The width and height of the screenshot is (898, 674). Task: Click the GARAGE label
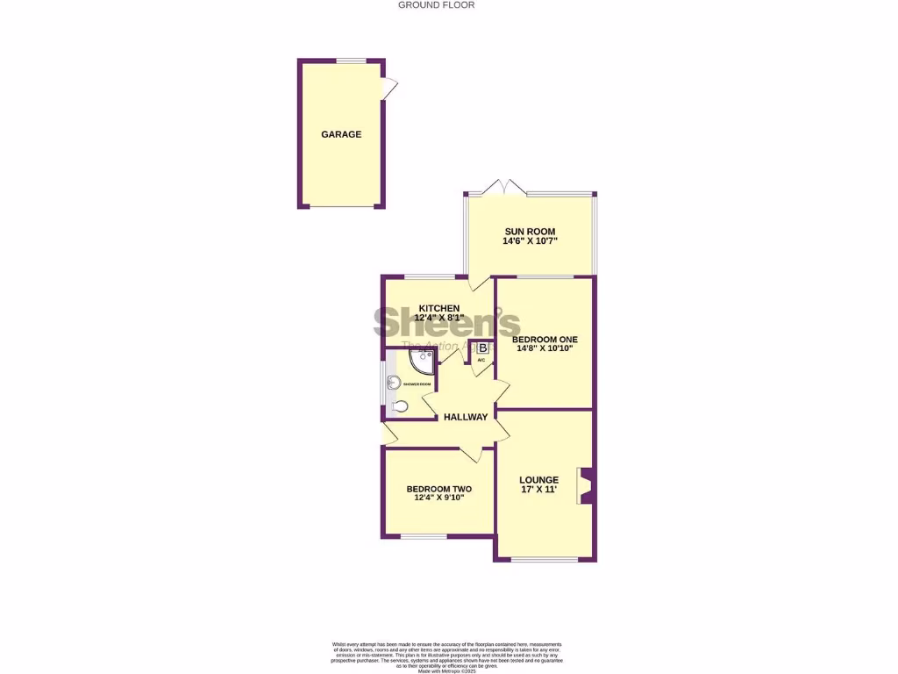tap(341, 134)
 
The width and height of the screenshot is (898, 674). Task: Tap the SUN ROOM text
tap(529, 231)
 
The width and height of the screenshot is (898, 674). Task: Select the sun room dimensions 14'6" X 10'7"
tap(530, 241)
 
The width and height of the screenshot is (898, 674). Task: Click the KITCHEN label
tap(438, 307)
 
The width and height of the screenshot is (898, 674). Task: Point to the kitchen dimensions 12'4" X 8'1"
tap(439, 317)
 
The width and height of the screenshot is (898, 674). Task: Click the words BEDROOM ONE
tap(545, 339)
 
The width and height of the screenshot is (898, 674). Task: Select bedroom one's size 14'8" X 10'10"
tap(545, 348)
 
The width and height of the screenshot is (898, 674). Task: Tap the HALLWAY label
tap(465, 417)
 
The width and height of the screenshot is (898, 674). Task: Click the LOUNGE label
tap(538, 479)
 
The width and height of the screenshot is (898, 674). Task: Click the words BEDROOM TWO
tap(438, 489)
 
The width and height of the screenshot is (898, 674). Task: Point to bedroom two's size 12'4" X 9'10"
tap(438, 498)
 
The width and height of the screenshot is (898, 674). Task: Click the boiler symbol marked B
tap(482, 348)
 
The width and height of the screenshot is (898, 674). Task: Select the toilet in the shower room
tap(399, 405)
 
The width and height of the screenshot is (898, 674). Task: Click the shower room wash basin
tap(394, 382)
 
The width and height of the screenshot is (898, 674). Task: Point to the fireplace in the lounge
tap(586, 486)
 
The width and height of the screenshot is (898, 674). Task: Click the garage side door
tap(390, 87)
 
